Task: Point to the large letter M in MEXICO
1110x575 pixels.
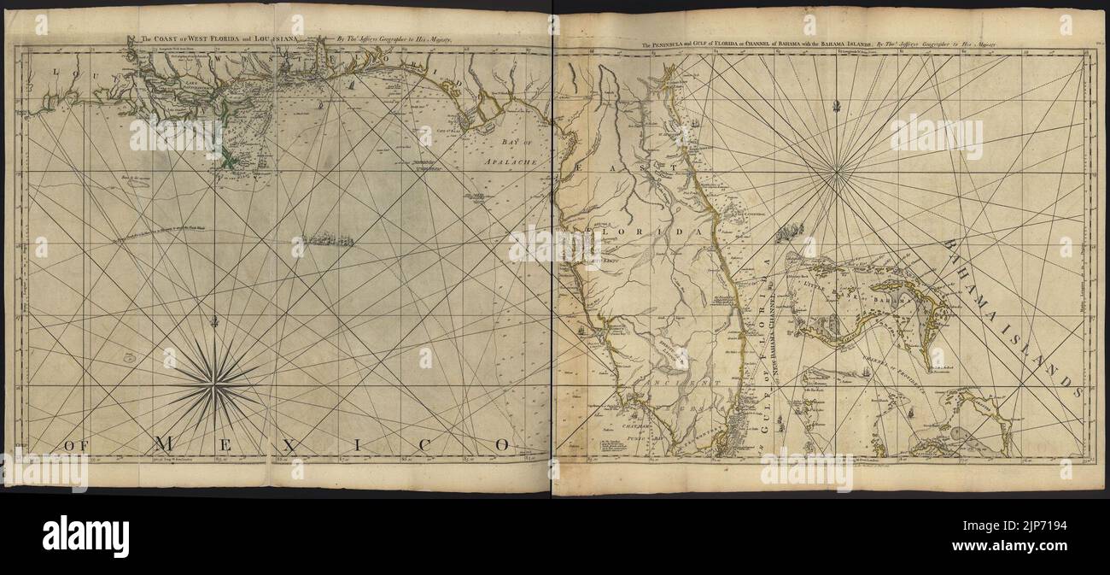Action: (167, 443)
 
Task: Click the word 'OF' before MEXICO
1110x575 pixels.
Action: (78, 444)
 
